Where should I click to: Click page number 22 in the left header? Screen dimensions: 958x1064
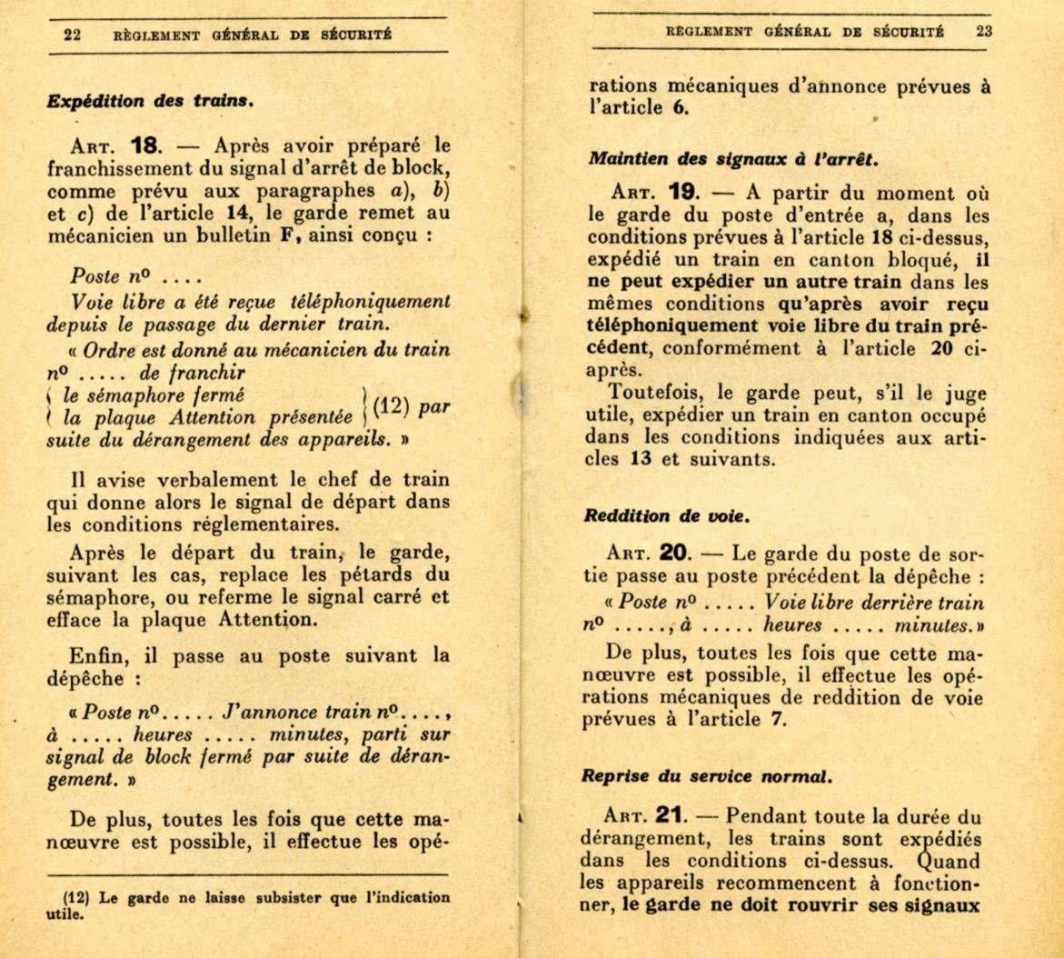pos(72,35)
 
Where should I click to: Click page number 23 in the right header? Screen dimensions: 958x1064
pos(984,30)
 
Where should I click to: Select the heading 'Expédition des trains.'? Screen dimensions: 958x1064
pos(149,102)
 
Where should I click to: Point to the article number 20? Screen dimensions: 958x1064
pos(678,554)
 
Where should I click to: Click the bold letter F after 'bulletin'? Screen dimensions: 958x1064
pos(289,235)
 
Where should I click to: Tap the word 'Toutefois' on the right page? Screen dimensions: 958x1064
pos(651,394)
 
